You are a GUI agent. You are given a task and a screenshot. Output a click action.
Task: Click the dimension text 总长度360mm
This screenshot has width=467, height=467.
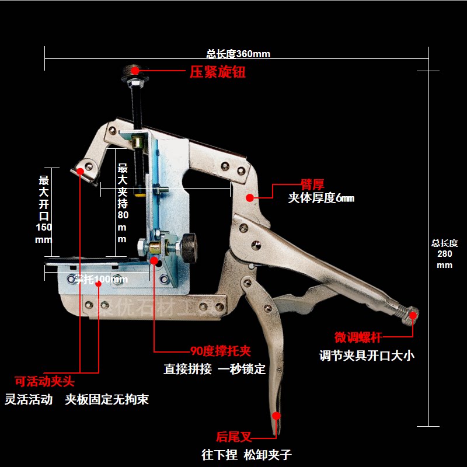238,54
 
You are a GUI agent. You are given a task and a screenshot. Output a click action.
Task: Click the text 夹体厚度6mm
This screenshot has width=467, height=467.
321,198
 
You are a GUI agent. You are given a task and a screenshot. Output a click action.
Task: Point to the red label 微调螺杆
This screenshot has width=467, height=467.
358,337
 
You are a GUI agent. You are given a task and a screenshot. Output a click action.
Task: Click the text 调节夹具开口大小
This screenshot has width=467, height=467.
367,355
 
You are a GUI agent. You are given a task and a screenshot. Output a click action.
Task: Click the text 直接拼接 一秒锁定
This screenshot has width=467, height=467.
214,369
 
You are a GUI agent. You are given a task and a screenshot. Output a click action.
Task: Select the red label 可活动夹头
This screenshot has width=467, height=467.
44,382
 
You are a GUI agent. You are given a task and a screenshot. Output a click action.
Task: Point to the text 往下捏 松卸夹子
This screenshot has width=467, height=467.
246,454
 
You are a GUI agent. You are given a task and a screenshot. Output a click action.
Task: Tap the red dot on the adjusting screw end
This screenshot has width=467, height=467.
413,316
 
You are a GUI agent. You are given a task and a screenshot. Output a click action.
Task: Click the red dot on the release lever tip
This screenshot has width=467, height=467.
277,416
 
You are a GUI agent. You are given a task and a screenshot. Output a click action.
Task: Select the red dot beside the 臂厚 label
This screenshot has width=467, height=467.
250,197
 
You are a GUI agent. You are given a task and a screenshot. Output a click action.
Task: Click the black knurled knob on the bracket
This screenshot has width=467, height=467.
188,247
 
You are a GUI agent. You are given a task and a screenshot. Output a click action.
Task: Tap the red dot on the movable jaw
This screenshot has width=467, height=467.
81,171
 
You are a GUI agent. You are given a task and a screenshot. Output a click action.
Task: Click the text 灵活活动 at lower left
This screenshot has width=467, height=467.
29,400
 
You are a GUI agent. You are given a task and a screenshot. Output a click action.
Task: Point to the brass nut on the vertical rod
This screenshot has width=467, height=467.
138,142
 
